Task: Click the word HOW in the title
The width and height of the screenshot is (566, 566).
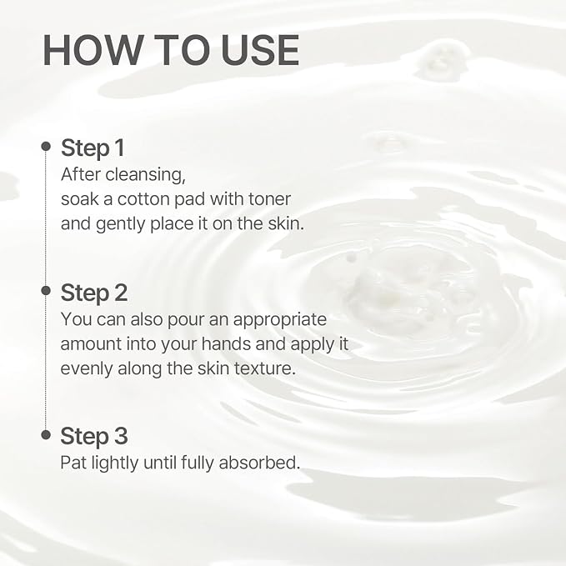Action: click(x=93, y=50)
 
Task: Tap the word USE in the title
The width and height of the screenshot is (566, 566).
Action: click(x=260, y=50)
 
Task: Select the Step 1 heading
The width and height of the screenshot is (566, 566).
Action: click(x=93, y=148)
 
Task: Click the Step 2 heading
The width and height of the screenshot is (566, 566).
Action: click(x=94, y=293)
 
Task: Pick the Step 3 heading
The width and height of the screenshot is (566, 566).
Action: click(x=94, y=436)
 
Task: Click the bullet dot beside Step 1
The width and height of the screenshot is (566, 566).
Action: click(x=46, y=146)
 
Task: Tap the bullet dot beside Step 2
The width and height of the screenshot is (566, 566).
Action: click(x=46, y=290)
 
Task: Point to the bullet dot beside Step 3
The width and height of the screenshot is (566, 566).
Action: click(x=46, y=434)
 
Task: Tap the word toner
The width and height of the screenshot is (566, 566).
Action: click(x=269, y=199)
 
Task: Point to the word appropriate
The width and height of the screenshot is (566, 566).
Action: click(x=280, y=321)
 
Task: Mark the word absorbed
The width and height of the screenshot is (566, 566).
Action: click(x=259, y=463)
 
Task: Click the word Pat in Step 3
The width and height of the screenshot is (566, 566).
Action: click(x=73, y=463)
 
